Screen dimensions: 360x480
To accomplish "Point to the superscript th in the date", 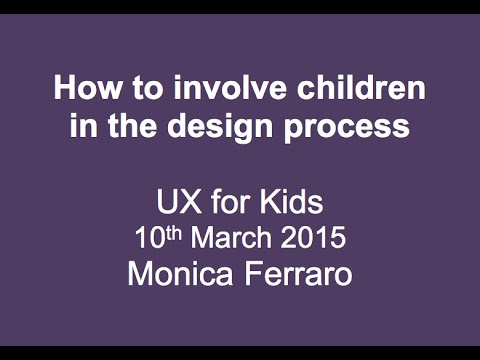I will [x=171, y=234].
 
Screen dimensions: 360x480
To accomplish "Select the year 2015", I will [x=313, y=240].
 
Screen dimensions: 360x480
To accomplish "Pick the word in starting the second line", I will [x=82, y=127].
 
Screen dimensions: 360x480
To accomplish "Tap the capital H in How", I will [x=64, y=90].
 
